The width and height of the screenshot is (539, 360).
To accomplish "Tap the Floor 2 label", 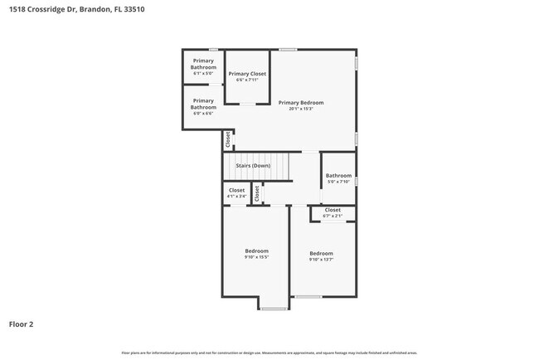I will [22, 324].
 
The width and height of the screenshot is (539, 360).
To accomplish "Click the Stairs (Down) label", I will [253, 166].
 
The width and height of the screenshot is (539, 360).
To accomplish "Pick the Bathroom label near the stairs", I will [338, 175].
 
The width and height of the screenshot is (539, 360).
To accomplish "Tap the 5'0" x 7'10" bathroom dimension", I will [338, 182].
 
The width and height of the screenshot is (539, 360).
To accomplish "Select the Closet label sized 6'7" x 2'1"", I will [333, 210].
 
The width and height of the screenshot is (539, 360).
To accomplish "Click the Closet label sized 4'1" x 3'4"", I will [237, 190].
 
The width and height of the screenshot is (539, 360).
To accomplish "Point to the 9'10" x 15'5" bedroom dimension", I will [256, 257].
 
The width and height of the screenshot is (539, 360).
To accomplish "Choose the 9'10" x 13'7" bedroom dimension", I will [321, 260].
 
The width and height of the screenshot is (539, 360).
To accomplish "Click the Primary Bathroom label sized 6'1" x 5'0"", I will [204, 64].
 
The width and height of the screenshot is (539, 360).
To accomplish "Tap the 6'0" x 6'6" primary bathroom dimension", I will [204, 114].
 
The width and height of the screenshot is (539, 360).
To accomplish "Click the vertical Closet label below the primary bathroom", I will [227, 140].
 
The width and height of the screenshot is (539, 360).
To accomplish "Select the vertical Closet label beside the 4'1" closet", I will [257, 192].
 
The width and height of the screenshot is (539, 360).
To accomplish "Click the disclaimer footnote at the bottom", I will [269, 352].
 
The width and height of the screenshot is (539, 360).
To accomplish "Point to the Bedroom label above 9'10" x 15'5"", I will [256, 251].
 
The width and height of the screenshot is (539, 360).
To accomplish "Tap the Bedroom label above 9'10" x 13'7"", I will [321, 253].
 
